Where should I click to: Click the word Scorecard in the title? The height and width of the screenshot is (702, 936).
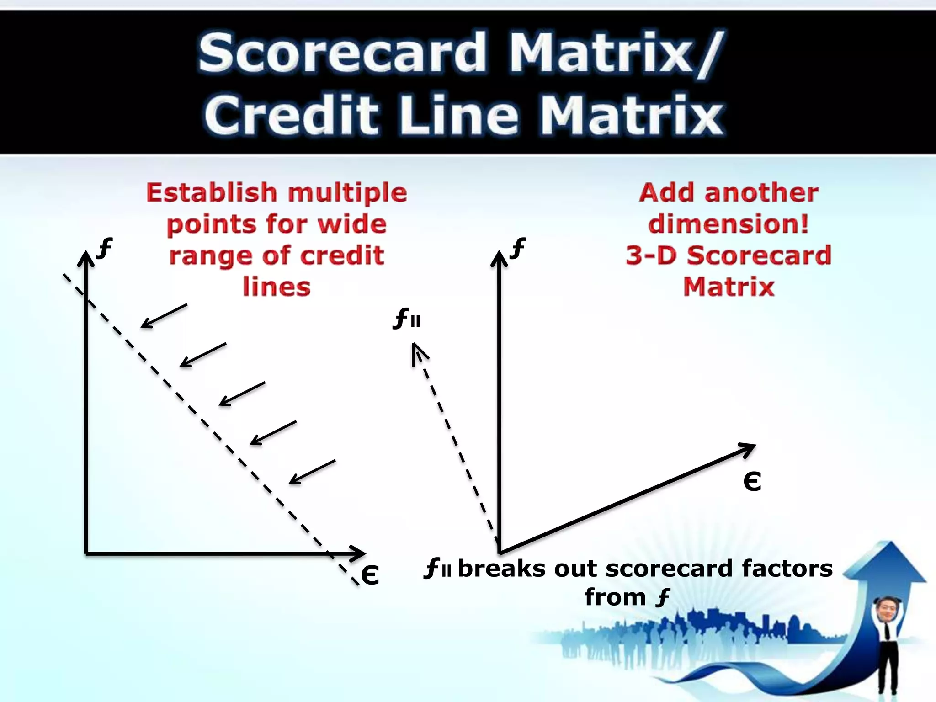(x=342, y=53)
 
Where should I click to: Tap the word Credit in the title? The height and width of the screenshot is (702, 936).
(x=291, y=115)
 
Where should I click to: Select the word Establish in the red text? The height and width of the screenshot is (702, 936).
(x=211, y=192)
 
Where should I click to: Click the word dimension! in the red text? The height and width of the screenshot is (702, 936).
(x=729, y=224)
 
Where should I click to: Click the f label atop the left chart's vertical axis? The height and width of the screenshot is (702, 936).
(x=105, y=248)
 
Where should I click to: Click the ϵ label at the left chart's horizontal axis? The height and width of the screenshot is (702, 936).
(x=370, y=574)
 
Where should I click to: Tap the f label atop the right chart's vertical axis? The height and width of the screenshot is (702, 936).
(x=518, y=248)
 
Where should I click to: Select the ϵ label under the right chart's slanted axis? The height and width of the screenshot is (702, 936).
(x=752, y=481)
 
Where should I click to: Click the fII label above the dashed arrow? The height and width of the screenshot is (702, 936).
(x=406, y=319)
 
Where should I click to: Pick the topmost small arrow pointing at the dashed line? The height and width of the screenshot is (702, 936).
(x=164, y=316)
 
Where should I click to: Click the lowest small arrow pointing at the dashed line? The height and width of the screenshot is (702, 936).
(x=312, y=472)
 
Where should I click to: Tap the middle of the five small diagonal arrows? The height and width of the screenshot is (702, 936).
(x=241, y=394)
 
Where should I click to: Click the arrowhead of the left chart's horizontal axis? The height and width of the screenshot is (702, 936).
(x=359, y=553)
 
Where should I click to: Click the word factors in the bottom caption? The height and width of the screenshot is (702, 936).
(x=787, y=569)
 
